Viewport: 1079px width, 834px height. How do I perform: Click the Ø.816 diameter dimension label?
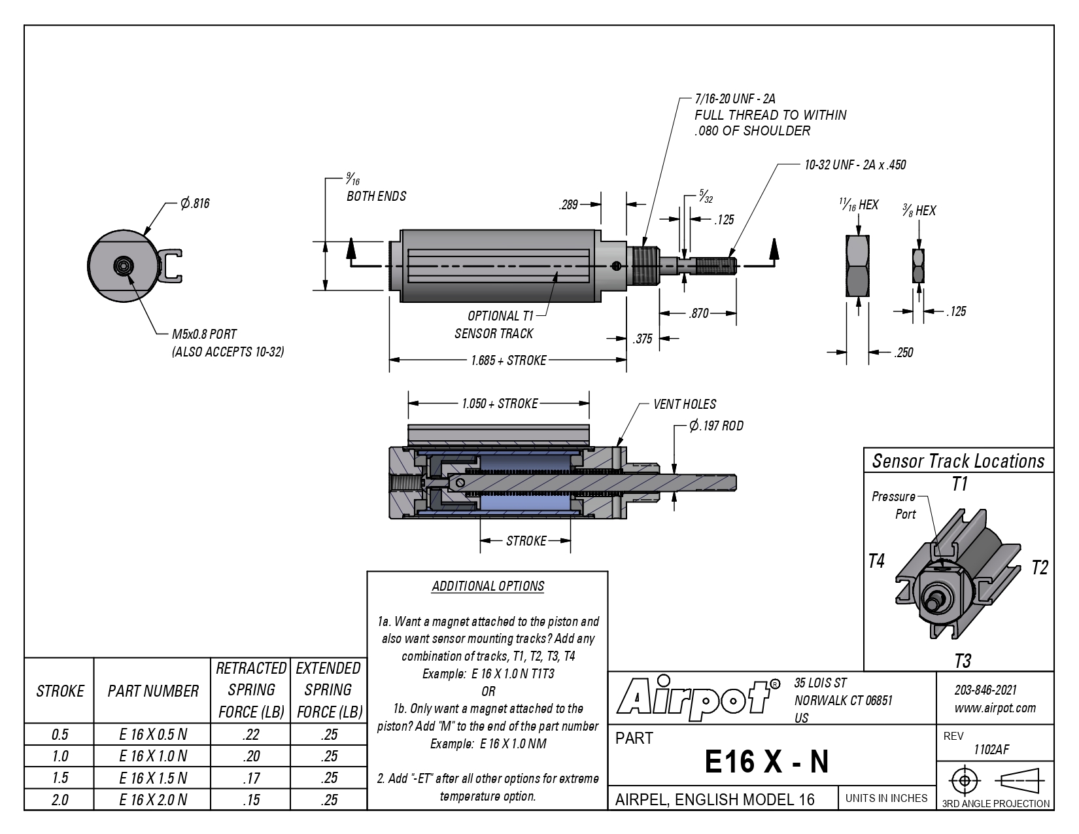(195, 203)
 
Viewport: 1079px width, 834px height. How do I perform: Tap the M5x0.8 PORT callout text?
(204, 334)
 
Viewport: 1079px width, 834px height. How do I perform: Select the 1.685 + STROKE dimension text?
(509, 360)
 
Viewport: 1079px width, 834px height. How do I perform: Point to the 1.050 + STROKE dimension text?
(500, 404)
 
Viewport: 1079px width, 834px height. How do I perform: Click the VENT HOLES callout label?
(685, 404)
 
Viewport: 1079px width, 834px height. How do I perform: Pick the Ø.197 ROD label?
(716, 426)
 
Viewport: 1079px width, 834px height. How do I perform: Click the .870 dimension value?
(698, 313)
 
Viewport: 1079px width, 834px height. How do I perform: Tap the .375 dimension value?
(643, 339)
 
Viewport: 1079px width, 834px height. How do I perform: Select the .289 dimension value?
(568, 205)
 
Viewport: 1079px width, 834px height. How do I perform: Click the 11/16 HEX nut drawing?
(857, 266)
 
